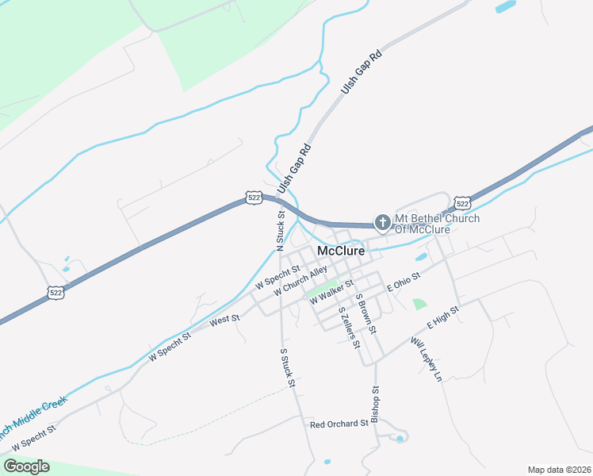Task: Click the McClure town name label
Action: pos(341,251)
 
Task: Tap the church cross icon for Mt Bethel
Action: pos(383,223)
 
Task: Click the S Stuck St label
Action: pos(287,367)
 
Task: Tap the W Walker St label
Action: pos(331,290)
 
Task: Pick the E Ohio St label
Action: pos(403,279)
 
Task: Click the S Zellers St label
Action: pos(349,327)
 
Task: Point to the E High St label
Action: pos(443,318)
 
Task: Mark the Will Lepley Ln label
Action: pos(426,361)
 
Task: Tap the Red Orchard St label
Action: pos(339,424)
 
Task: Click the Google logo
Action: pos(26,466)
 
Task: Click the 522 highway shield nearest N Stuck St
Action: pos(253,198)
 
